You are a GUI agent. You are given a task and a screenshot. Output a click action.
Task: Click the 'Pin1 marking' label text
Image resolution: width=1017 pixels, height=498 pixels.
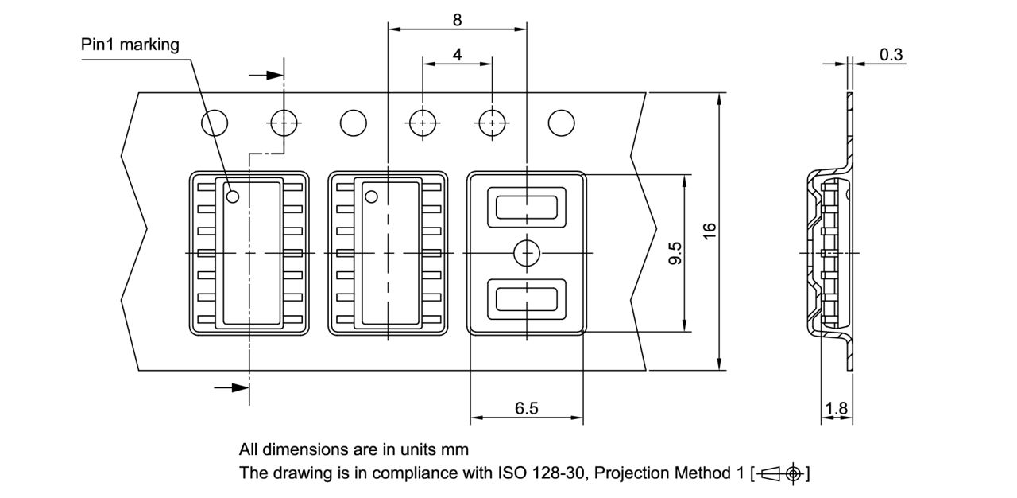click(x=130, y=45)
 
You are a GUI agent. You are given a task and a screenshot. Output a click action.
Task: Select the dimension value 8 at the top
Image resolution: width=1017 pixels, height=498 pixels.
click(x=457, y=20)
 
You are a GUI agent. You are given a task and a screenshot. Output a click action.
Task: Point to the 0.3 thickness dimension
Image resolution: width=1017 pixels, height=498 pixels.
click(x=891, y=54)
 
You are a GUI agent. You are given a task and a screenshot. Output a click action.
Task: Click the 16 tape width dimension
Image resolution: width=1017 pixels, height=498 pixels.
click(x=710, y=231)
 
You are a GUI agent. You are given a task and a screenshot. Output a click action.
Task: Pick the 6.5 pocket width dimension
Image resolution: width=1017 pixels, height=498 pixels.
click(x=526, y=408)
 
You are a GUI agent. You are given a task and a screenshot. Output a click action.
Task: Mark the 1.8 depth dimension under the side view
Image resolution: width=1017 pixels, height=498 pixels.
click(x=836, y=409)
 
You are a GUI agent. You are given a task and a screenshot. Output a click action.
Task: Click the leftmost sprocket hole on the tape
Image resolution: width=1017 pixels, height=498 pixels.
click(x=215, y=123)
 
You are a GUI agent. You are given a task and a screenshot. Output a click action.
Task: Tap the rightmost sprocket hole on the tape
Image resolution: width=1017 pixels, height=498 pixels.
click(x=562, y=123)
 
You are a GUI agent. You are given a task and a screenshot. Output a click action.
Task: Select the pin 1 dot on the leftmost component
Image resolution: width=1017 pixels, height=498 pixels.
click(x=233, y=196)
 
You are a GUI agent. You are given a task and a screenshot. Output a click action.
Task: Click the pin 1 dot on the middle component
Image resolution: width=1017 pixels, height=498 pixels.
click(x=371, y=196)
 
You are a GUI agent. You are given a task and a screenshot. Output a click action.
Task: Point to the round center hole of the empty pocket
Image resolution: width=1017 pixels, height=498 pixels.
click(x=526, y=253)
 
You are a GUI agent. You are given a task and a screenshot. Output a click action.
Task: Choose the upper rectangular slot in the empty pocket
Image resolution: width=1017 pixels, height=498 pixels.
click(x=526, y=207)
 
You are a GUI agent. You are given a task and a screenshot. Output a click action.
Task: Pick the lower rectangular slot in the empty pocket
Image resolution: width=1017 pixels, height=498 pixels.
click(x=526, y=299)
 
